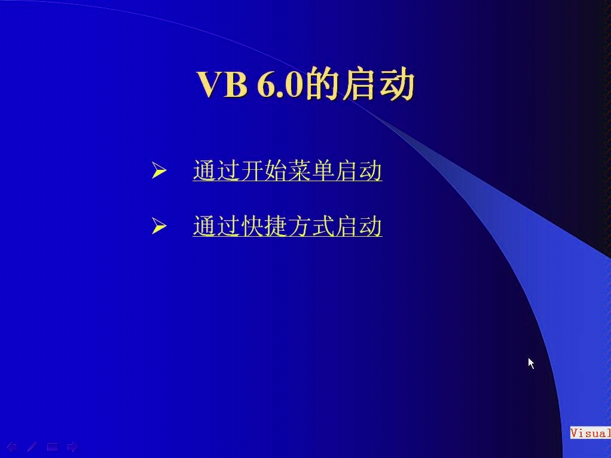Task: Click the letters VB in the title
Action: pos(222,84)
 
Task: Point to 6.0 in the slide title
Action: pos(280,84)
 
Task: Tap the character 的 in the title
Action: pos(323,84)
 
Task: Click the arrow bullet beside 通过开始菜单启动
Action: pos(158,172)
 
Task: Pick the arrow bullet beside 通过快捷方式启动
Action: pos(158,227)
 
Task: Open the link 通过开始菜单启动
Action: pos(288,171)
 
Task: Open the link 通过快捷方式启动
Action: pos(288,227)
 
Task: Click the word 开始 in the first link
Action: pos(264,171)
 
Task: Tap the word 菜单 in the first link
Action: pos(311,171)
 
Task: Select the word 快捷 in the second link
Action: pos(264,227)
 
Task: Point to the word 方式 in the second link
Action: pos(311,227)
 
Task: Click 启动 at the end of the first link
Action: pos(359,171)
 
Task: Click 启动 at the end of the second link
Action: pos(359,227)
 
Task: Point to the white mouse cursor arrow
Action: pos(531,363)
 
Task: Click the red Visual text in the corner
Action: pos(590,433)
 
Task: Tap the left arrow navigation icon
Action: pos(12,447)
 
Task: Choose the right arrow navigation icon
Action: pos(72,447)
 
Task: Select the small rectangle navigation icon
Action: pos(52,447)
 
